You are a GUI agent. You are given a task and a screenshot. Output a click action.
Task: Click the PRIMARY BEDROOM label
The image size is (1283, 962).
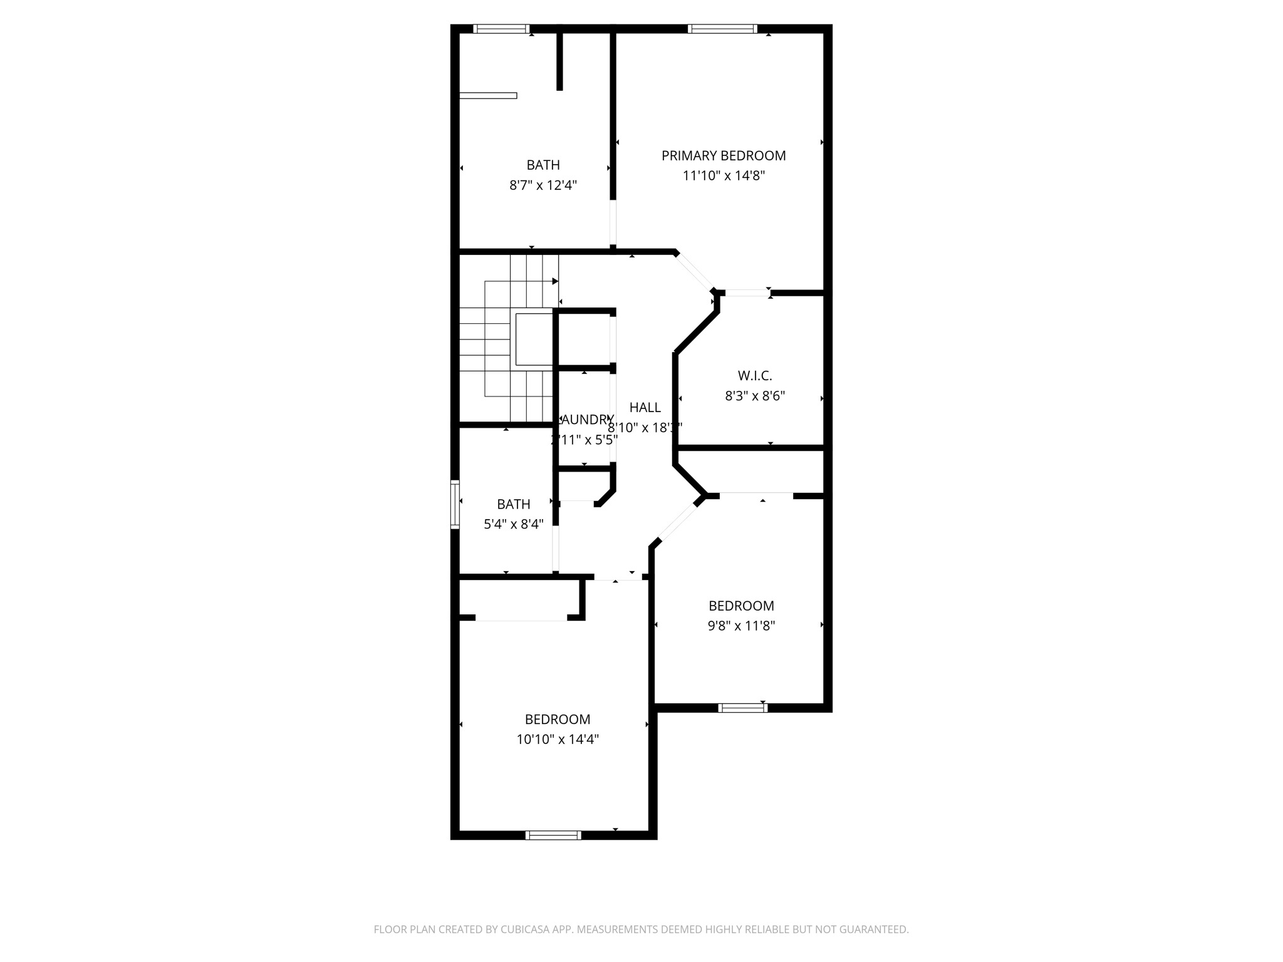tap(724, 155)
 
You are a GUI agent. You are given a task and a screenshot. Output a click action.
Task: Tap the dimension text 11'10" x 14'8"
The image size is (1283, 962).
tap(724, 175)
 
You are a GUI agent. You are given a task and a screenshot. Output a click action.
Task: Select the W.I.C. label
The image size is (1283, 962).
tap(755, 376)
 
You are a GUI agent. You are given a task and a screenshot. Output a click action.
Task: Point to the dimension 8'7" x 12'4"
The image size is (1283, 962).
tap(543, 185)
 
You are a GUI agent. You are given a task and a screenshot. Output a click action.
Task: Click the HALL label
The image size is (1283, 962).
tap(645, 407)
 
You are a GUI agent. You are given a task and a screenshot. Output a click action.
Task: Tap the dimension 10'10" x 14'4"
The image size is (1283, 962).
tap(558, 739)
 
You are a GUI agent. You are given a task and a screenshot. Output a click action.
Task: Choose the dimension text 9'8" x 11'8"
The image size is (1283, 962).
tap(741, 626)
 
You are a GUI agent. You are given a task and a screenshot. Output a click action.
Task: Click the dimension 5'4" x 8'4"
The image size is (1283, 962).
tap(513, 524)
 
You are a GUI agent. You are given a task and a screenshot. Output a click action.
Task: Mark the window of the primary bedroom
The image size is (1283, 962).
tap(722, 29)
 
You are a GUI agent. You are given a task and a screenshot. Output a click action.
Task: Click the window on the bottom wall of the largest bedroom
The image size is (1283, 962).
tap(553, 835)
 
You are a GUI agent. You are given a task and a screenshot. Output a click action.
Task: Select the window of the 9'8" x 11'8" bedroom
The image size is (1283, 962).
tap(742, 708)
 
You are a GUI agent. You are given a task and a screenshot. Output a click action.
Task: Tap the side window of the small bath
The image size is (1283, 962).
tap(455, 504)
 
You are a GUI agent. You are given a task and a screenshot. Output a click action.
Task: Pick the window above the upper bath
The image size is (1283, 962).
tap(501, 29)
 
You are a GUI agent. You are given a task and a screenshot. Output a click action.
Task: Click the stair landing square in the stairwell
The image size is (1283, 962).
tap(533, 339)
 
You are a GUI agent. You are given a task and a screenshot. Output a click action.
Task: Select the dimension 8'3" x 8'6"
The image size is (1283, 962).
tap(755, 396)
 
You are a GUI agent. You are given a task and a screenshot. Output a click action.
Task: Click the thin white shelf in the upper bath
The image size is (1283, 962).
tap(488, 96)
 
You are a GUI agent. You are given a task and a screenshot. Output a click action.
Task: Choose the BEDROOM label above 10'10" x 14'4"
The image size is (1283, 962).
tap(558, 719)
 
